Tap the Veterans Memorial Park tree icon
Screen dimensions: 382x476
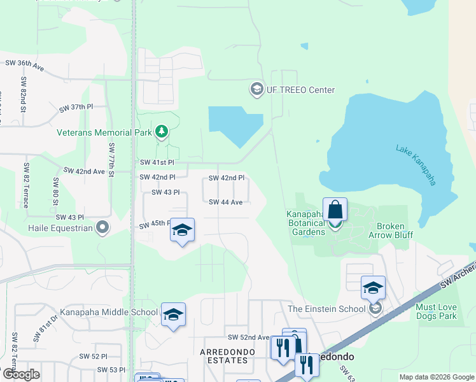point(162,132)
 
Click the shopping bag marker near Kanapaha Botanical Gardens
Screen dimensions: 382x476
point(335,209)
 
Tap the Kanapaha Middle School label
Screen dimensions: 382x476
point(109,312)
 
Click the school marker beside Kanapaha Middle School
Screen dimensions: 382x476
point(173,315)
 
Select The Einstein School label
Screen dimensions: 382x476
point(327,309)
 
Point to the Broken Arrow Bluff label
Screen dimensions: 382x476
point(395,230)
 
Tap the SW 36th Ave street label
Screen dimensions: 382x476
point(24,64)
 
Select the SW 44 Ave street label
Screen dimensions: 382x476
point(226,202)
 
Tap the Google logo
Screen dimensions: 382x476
point(21,374)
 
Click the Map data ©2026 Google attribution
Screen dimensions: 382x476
point(437,377)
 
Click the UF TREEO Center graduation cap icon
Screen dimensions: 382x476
point(257,88)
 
